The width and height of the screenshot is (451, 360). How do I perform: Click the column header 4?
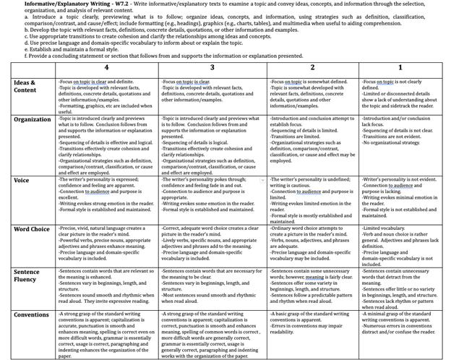(x=106, y=68)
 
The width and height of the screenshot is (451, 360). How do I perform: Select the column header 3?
(x=212, y=68)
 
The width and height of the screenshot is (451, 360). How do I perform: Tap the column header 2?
(x=312, y=68)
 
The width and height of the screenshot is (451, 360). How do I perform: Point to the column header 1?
(x=400, y=68)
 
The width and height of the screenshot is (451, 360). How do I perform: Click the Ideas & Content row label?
(x=25, y=87)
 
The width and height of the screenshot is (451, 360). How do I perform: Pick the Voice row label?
(x=22, y=180)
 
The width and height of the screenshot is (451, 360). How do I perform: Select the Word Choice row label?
(x=32, y=229)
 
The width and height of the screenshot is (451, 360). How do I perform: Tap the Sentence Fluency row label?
(x=27, y=276)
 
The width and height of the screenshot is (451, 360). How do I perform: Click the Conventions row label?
(x=32, y=315)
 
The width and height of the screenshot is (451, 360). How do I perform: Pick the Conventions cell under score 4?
(x=106, y=335)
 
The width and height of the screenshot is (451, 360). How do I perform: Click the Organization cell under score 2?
(x=312, y=141)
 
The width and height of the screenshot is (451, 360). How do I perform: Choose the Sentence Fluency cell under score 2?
(x=312, y=285)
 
